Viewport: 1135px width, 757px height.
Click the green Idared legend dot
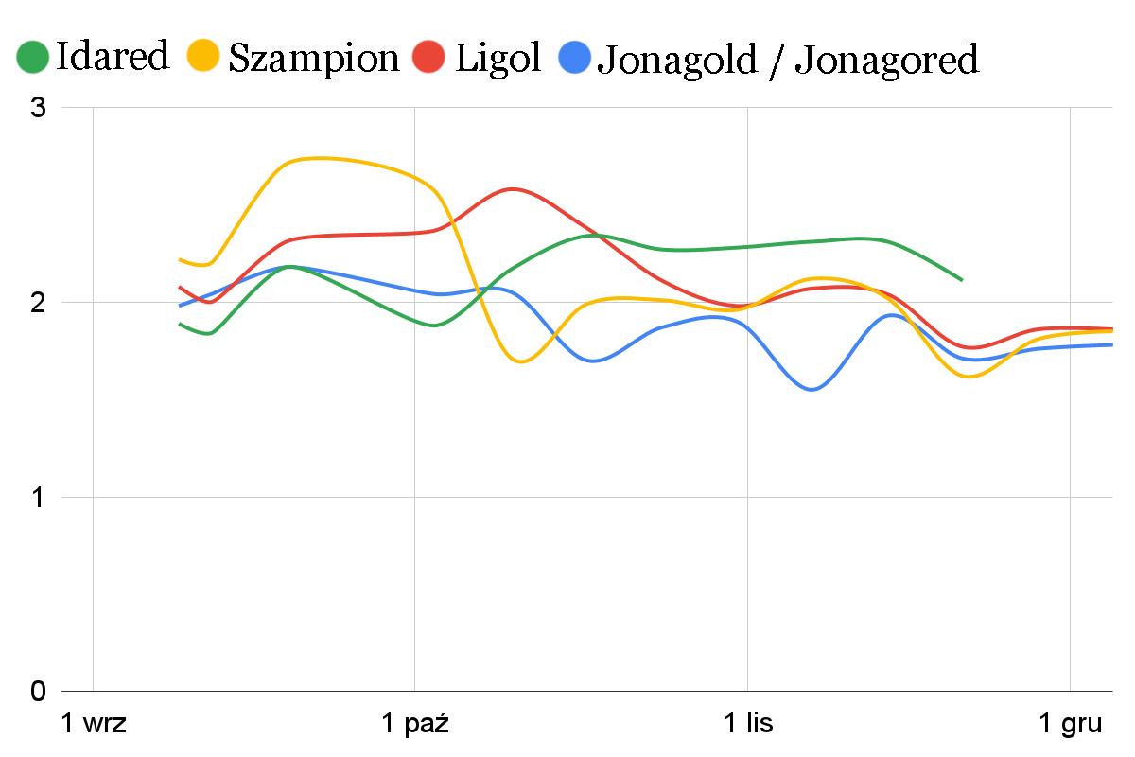tap(33, 58)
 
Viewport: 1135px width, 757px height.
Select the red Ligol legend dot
tap(431, 58)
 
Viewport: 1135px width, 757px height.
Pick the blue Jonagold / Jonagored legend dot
tap(576, 58)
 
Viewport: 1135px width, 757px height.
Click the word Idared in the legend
tap(113, 57)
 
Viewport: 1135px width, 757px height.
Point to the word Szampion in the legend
tap(314, 59)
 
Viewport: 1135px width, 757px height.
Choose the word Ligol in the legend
tap(498, 58)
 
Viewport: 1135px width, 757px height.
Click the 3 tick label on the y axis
tap(39, 108)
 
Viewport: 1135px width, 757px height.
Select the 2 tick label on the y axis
tap(39, 303)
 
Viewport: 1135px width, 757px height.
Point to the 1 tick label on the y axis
tap(39, 498)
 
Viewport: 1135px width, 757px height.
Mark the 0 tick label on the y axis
tap(39, 692)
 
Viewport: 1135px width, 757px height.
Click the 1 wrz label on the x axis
tap(94, 725)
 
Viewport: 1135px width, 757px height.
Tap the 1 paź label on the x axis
tap(414, 725)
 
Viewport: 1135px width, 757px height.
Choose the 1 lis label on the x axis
tap(748, 725)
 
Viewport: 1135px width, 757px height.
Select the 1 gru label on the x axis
tap(1070, 725)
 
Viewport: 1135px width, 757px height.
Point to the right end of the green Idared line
tap(961, 280)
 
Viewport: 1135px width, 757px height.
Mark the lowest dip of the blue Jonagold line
tap(812, 390)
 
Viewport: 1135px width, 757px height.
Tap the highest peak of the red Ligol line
tap(513, 189)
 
